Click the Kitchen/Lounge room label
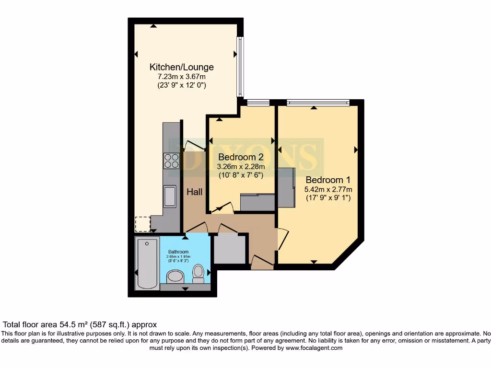[181, 67]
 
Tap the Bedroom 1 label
[328, 180]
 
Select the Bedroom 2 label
[241, 157]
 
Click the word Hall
[195, 192]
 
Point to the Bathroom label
[178, 252]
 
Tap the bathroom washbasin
[175, 276]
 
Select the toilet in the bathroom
[198, 274]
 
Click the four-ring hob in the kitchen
[171, 161]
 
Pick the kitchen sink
[170, 196]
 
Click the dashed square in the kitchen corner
[142, 224]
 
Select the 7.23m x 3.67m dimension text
[181, 77]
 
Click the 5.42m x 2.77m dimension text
[328, 189]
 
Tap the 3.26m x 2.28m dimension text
[241, 166]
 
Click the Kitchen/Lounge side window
[240, 67]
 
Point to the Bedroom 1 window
[318, 102]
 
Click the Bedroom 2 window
[258, 102]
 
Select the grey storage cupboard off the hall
[229, 249]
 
